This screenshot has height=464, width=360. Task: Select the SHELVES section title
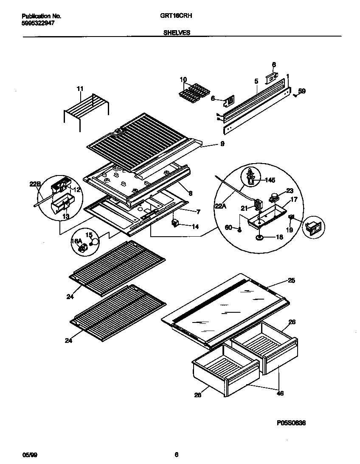(x=177, y=32)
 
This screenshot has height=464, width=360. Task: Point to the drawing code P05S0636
(x=291, y=423)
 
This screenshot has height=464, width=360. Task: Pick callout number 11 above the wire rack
(x=80, y=89)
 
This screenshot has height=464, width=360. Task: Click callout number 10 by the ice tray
(x=183, y=79)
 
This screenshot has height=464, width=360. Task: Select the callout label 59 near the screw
(x=301, y=91)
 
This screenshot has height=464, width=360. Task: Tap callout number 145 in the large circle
(x=270, y=180)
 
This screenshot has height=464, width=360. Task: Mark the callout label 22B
(x=35, y=184)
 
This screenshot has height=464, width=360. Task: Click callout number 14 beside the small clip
(x=195, y=226)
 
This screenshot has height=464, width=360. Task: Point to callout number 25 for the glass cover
(x=291, y=280)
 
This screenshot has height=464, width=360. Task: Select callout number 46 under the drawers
(x=280, y=393)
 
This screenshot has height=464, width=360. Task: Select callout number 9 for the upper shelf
(x=222, y=144)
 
